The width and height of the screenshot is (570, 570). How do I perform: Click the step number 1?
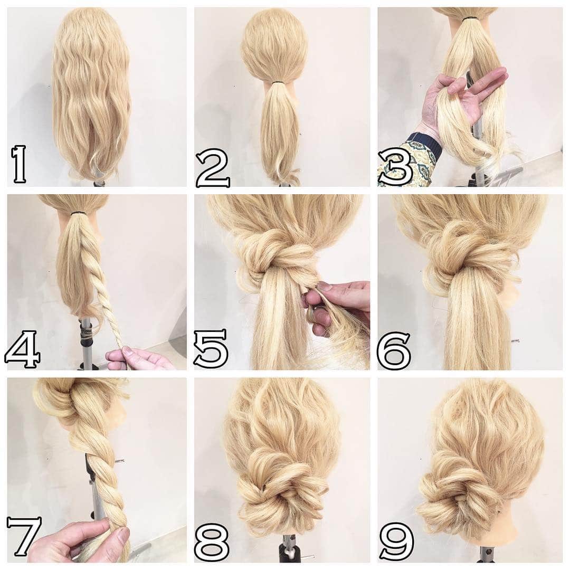point(18,164)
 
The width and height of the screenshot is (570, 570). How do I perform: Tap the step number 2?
point(213,168)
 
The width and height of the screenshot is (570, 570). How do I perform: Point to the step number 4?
point(22,349)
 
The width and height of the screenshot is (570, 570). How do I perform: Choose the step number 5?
point(211,348)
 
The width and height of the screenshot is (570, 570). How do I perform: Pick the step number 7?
point(24,536)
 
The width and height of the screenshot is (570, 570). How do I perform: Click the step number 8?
point(212,541)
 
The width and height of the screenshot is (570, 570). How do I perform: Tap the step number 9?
point(396,541)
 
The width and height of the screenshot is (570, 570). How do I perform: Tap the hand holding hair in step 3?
point(462,98)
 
